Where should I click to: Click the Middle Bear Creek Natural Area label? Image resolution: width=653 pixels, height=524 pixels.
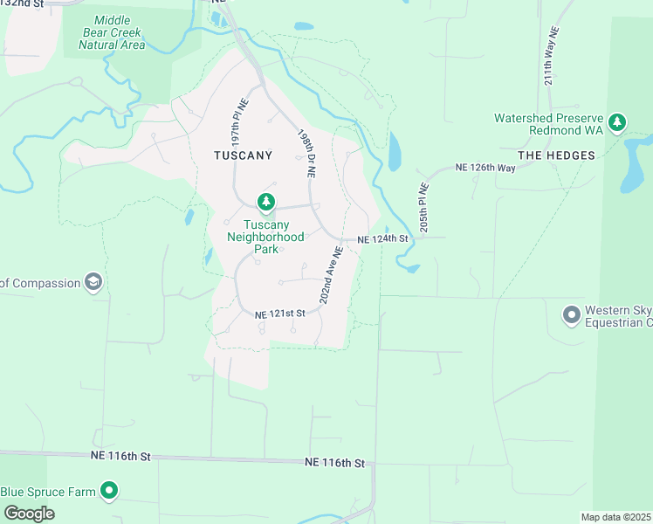click(110, 32)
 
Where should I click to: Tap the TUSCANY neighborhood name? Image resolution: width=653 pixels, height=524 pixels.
click(244, 155)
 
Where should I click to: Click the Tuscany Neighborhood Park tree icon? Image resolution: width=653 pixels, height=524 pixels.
click(266, 203)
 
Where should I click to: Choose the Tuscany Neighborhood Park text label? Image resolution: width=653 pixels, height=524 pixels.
click(266, 237)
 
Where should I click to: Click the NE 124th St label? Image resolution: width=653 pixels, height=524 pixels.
click(382, 238)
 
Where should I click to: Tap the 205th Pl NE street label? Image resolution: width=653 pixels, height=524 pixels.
click(423, 207)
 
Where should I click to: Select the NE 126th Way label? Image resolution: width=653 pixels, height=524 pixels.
click(487, 168)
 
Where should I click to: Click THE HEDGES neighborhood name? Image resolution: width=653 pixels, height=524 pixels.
click(556, 155)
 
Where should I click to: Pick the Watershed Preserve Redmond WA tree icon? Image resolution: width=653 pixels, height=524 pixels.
click(618, 122)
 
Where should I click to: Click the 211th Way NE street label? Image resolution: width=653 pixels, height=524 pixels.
click(551, 65)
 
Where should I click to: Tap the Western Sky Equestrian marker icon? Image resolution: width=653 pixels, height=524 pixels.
click(572, 313)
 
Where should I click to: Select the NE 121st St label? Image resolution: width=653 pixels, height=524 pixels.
click(279, 314)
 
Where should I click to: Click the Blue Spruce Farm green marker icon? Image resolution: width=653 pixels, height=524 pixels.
click(109, 492)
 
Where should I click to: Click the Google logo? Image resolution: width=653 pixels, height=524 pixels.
click(29, 514)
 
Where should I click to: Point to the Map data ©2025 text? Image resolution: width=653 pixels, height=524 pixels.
click(616, 517)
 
